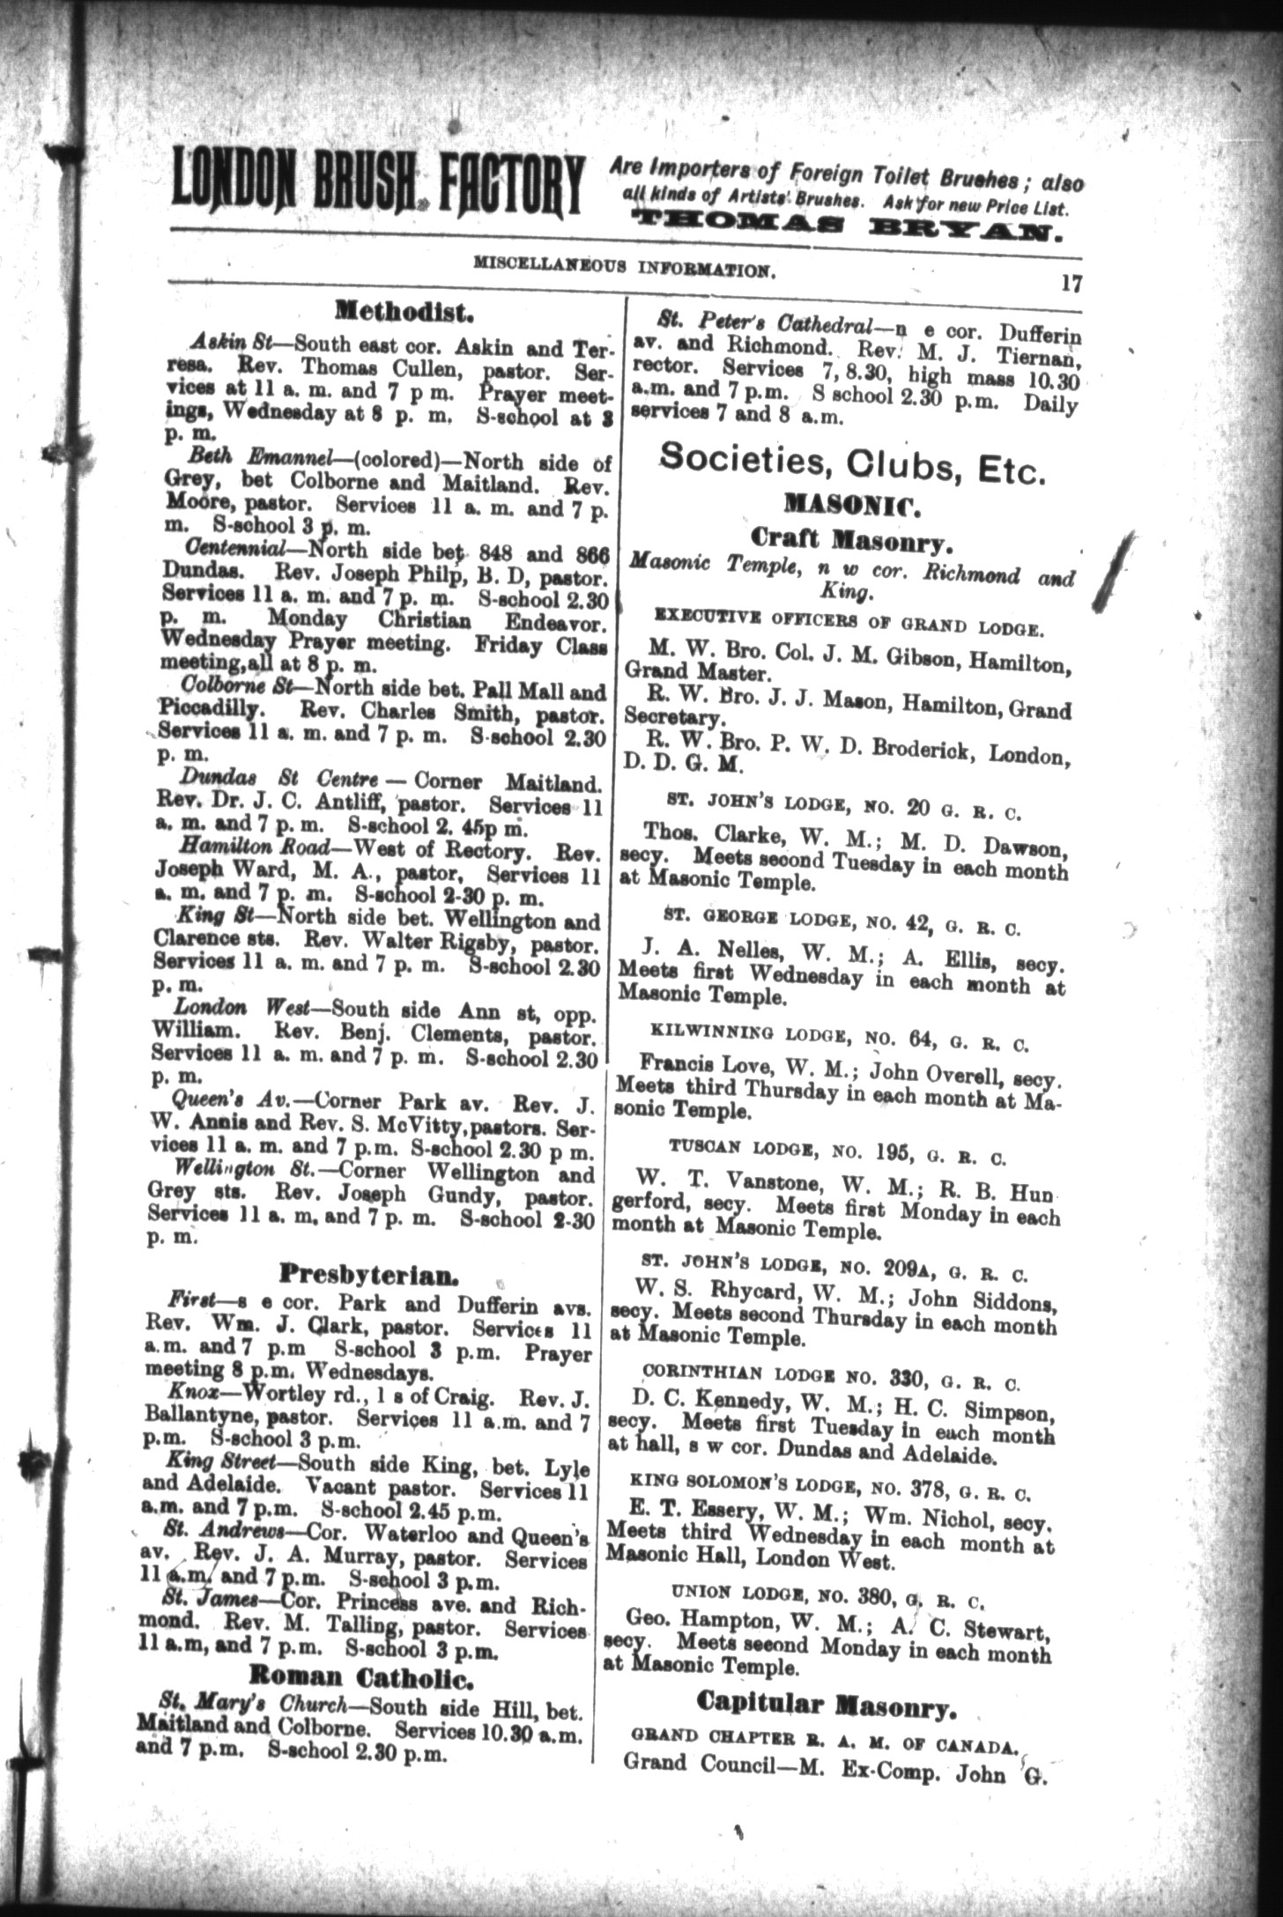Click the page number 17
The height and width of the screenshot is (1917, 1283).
[1071, 284]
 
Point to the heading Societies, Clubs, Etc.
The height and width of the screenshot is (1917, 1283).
[853, 463]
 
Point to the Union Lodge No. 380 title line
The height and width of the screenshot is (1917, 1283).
[827, 1594]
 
